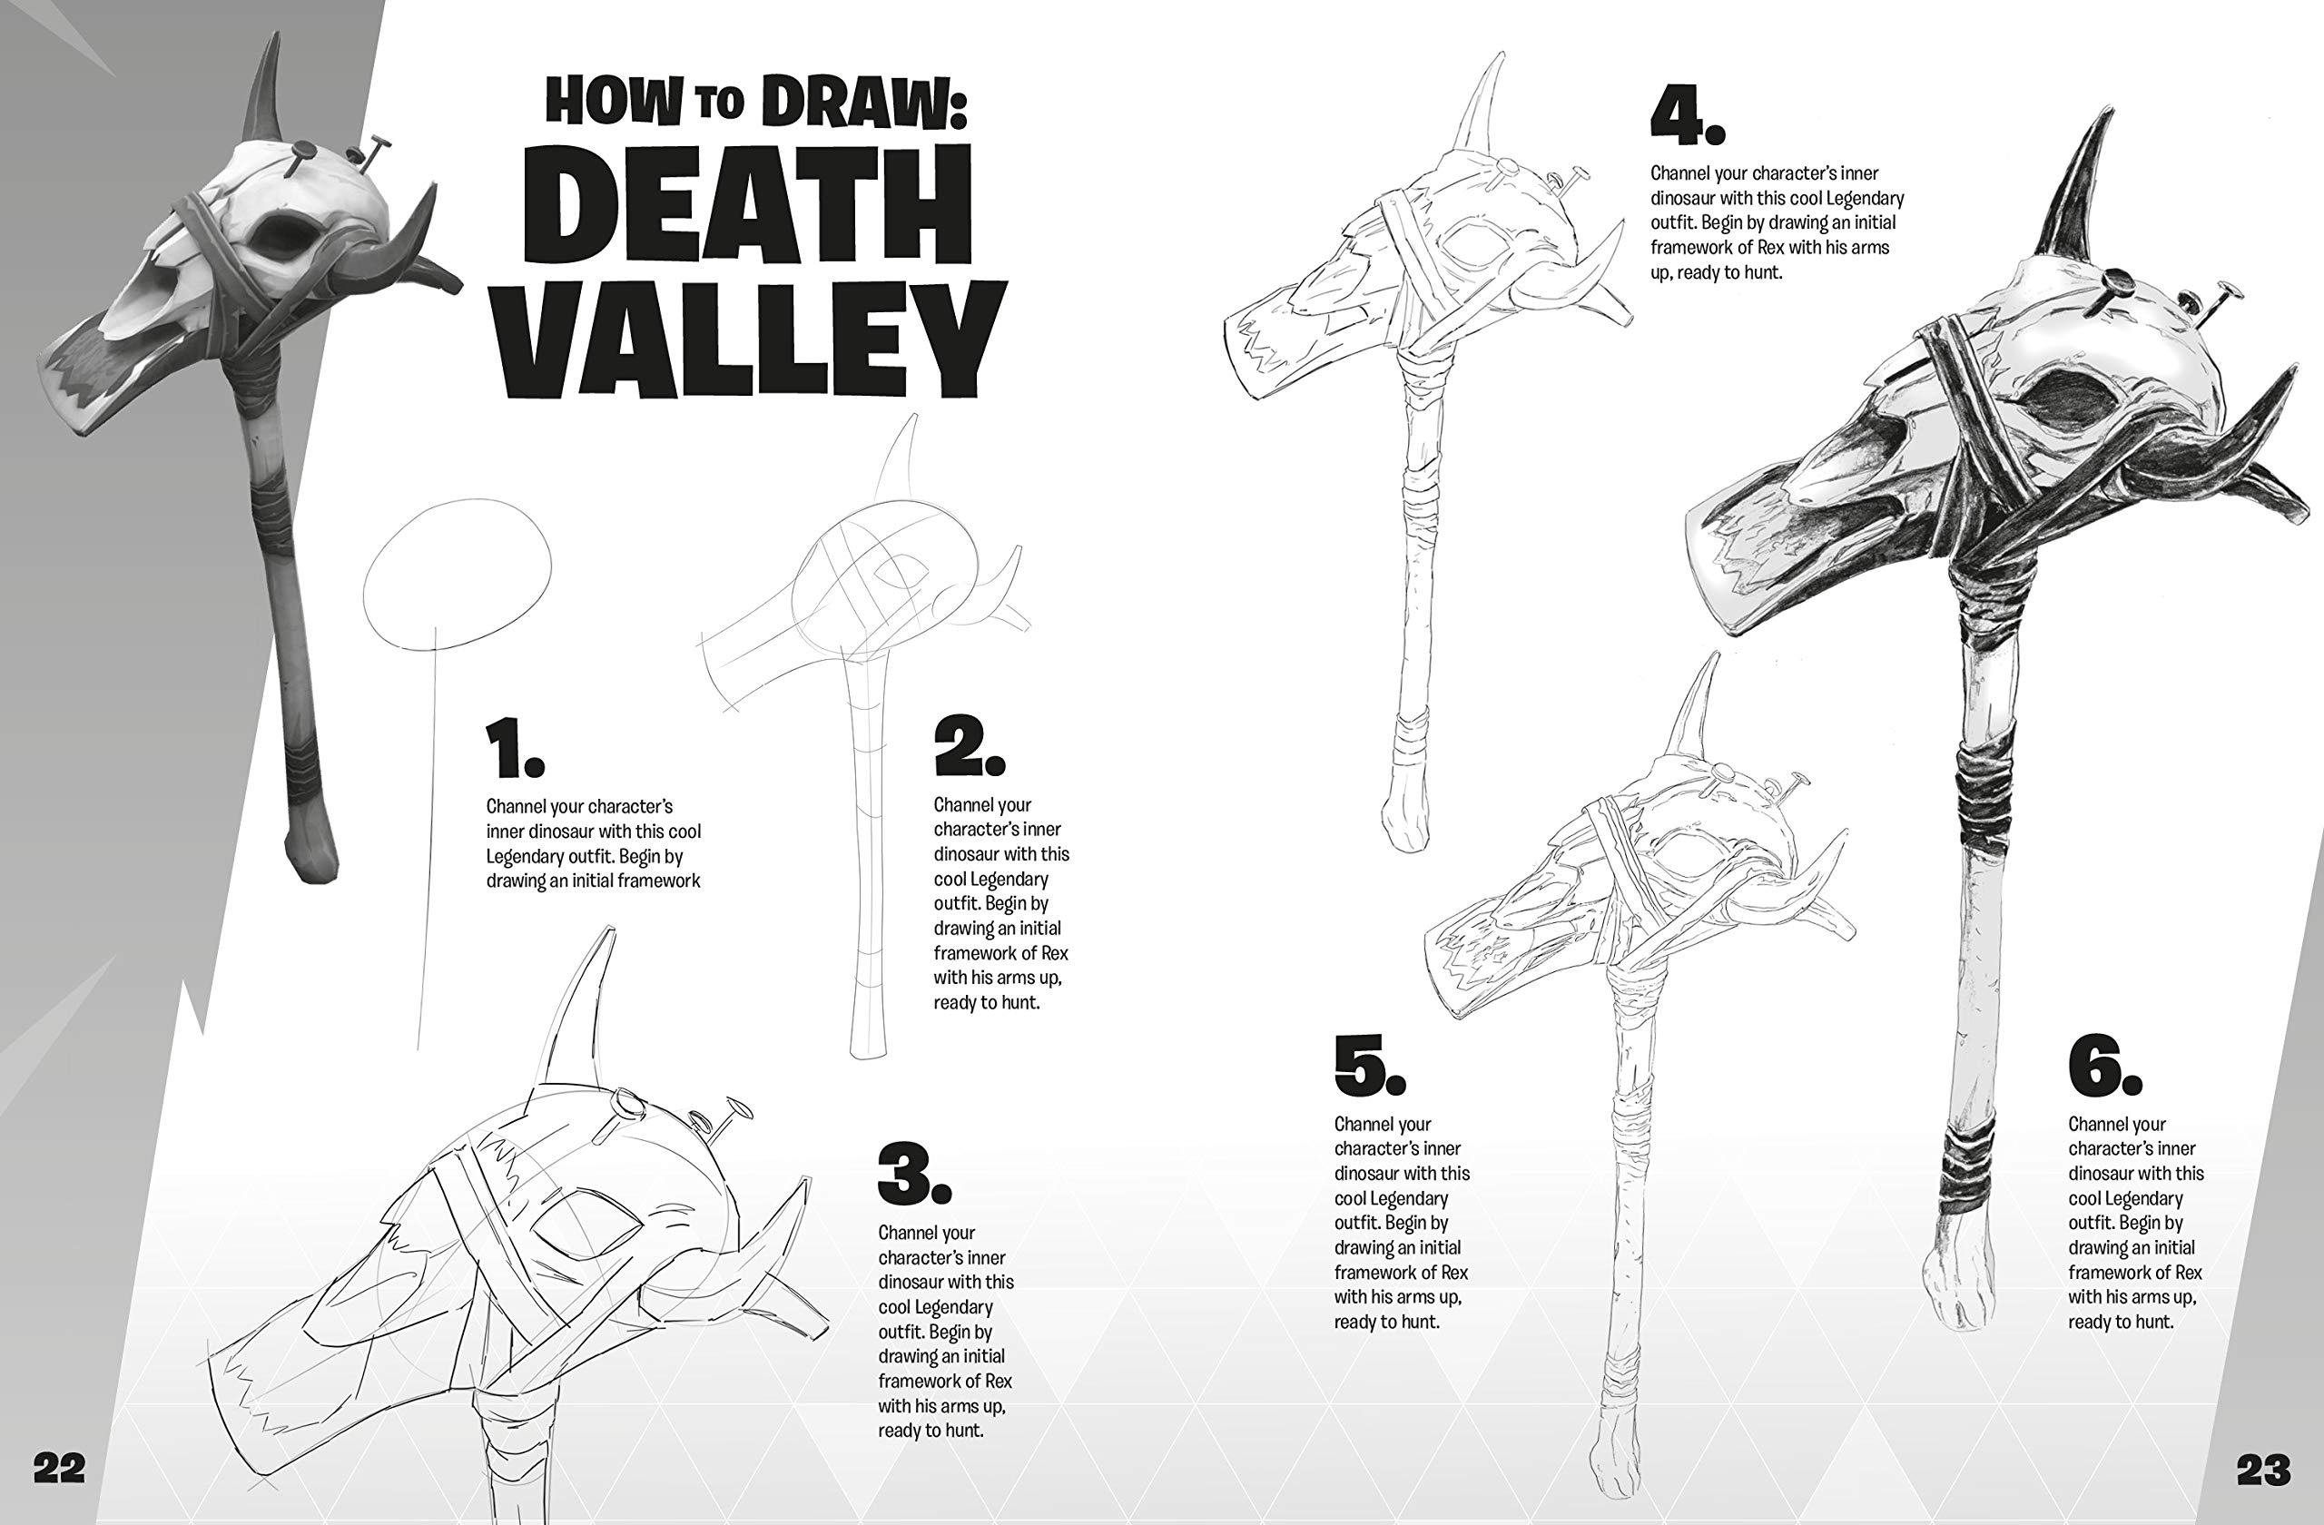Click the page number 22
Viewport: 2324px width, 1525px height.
click(60, 1468)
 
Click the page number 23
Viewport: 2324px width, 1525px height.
click(2263, 1470)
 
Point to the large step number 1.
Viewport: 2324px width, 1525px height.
click(515, 749)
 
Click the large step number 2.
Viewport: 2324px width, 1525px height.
click(968, 747)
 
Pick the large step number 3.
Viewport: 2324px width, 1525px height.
click(913, 1173)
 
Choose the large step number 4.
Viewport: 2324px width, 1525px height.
click(1688, 115)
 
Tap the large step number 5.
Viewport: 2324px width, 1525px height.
click(1370, 1064)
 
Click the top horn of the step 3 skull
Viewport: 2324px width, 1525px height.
click(584, 1016)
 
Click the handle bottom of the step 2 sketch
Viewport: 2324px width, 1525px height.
click(868, 1047)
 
